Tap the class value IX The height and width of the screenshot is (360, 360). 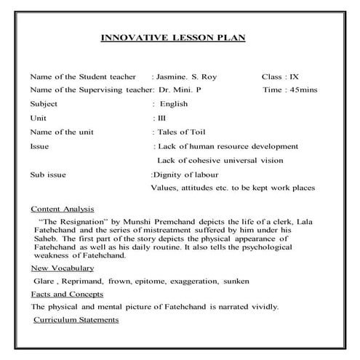click(x=294, y=76)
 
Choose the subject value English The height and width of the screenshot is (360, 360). click(x=174, y=103)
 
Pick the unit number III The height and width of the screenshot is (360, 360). click(x=161, y=117)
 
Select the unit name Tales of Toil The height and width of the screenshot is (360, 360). click(x=180, y=132)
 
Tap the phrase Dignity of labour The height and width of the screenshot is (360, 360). click(x=186, y=175)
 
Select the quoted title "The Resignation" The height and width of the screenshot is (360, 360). click(x=71, y=219)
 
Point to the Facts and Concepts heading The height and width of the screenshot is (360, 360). click(x=67, y=294)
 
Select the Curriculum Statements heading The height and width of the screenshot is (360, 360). click(x=76, y=320)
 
